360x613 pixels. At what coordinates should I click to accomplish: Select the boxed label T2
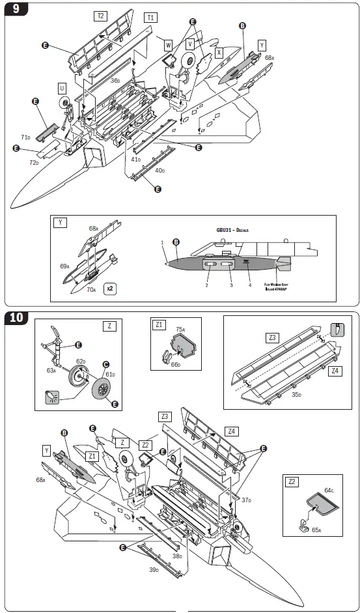pyautogui.click(x=100, y=16)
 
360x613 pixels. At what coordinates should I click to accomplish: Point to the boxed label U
pyautogui.click(x=62, y=88)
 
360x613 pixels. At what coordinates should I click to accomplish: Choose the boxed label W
pyautogui.click(x=168, y=45)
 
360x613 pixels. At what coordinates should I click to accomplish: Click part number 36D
pyautogui.click(x=115, y=80)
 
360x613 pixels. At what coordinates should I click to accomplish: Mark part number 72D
pyautogui.click(x=33, y=162)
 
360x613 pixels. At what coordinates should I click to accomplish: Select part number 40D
pyautogui.click(x=159, y=170)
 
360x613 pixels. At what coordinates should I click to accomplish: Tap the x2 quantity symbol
pyautogui.click(x=111, y=288)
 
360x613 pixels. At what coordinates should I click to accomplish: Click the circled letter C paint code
pyautogui.click(x=105, y=365)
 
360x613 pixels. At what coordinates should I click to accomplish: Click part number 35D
pyautogui.click(x=297, y=394)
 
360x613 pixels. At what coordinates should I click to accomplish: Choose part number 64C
pyautogui.click(x=328, y=490)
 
